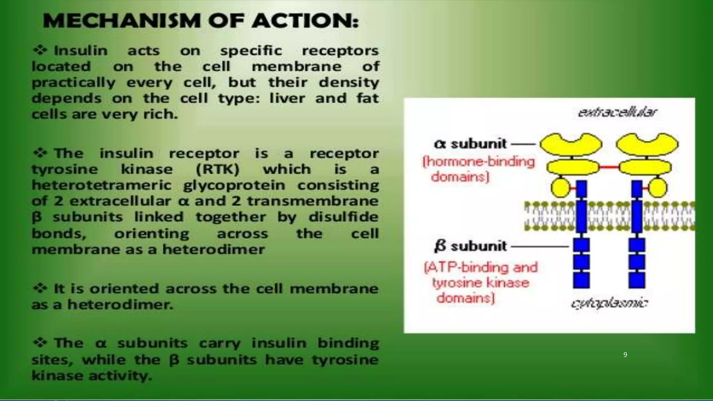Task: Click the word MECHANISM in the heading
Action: coord(122,21)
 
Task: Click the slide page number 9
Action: coord(625,355)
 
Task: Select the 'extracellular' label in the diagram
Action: coord(617,112)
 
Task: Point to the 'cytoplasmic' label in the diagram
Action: coord(609,303)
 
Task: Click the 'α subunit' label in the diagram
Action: coord(470,144)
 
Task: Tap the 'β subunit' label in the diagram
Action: coord(470,246)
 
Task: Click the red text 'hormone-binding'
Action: coord(479,162)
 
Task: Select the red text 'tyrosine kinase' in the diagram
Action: coord(481,282)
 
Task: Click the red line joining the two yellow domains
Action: coord(609,167)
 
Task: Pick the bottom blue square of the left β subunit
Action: coord(581,280)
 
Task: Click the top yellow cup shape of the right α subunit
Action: coord(647,144)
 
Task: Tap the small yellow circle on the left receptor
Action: coord(560,188)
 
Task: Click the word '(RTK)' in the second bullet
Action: coord(218,169)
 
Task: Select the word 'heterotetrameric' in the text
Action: coord(102,185)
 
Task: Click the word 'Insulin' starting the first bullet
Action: coord(81,51)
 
